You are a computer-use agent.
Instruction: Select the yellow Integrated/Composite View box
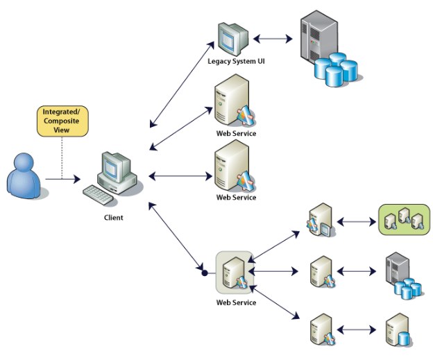(62, 121)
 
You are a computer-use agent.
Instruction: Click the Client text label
(112, 217)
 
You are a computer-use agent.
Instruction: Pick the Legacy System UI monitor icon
(232, 39)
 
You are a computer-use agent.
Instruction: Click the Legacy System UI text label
(235, 62)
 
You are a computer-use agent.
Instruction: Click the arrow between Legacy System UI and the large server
(273, 39)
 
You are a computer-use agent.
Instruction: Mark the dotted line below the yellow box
(62, 157)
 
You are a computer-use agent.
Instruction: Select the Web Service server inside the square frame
(232, 273)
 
